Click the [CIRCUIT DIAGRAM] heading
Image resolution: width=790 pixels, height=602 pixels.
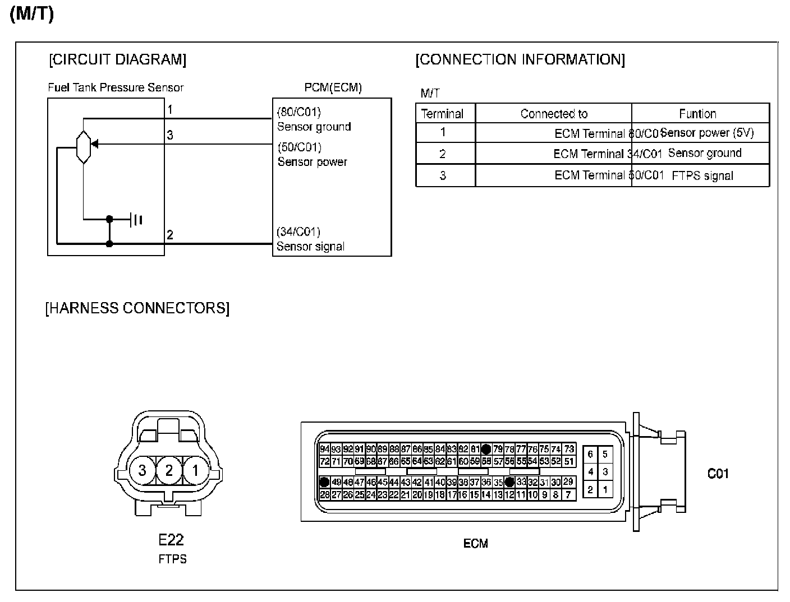[118, 60]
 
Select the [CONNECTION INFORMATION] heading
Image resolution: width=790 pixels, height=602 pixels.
[520, 60]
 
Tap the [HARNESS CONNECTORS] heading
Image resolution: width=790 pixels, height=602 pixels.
[137, 308]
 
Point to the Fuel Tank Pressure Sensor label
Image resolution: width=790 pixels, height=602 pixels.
[116, 87]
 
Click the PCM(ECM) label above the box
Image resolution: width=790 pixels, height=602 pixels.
[333, 87]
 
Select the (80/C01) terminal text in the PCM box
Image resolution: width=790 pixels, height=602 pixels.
[299, 112]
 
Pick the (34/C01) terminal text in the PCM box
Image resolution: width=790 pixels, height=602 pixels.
[298, 232]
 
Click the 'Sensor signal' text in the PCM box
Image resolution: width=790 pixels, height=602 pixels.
[310, 247]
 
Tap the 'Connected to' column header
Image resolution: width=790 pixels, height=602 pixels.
[554, 114]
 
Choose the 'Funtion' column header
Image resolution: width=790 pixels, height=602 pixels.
[697, 114]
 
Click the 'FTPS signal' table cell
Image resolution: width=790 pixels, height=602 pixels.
[702, 175]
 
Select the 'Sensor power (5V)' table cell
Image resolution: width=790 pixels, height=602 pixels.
[708, 133]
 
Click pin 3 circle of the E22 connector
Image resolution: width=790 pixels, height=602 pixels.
[143, 470]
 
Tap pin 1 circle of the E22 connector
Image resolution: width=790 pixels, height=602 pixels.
[195, 470]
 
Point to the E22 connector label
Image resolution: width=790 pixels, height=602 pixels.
[171, 540]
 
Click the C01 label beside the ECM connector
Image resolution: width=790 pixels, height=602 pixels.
[718, 474]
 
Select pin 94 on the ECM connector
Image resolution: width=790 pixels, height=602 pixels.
[324, 449]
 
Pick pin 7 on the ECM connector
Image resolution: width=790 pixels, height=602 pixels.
[568, 494]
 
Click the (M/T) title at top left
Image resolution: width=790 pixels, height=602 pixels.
[32, 15]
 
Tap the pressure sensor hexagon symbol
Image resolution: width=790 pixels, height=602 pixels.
[83, 146]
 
